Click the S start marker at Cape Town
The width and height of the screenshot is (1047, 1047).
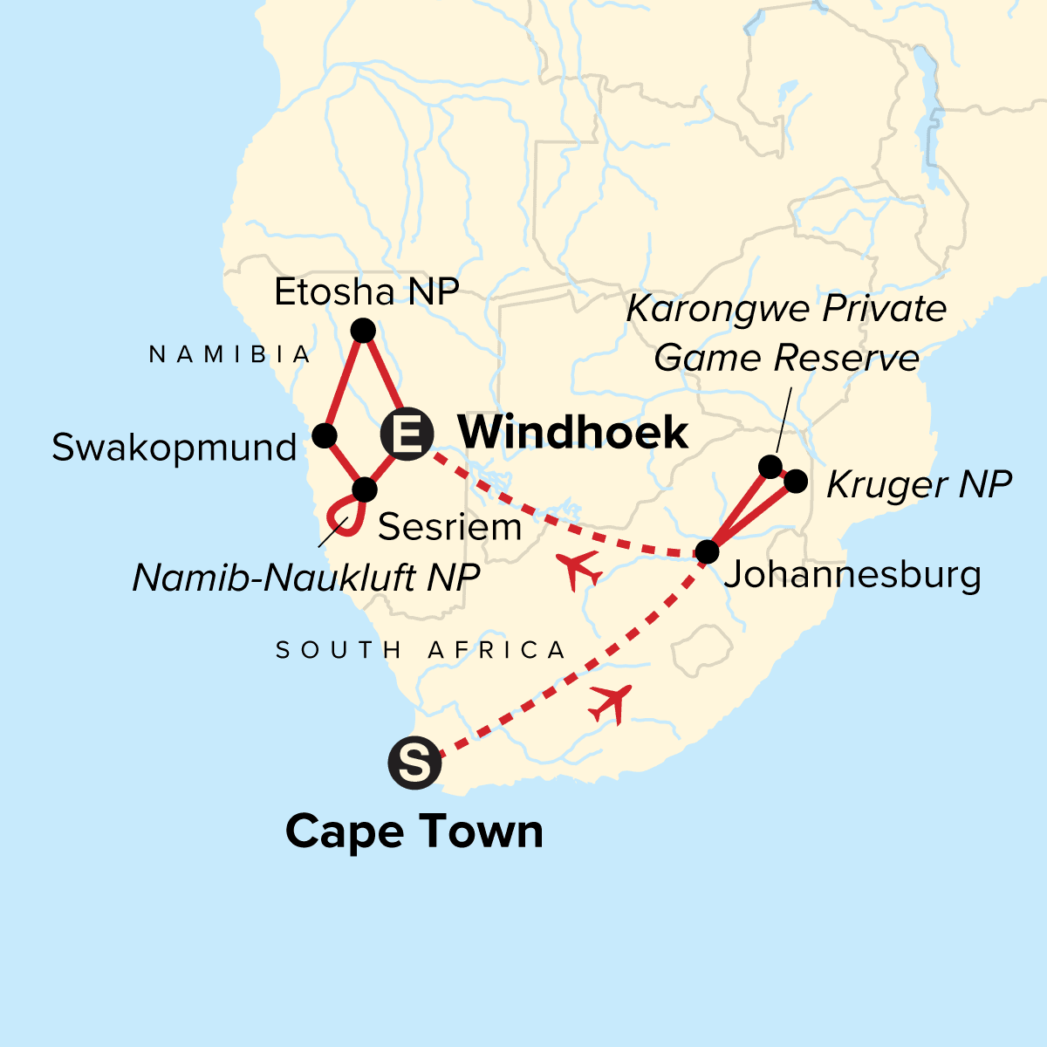coord(414,763)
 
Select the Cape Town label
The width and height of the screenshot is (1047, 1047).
coord(414,831)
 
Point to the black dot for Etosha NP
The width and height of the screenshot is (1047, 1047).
coord(362,331)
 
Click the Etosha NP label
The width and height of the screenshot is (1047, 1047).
coord(366,292)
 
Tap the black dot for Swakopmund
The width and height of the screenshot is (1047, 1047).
coord(325,435)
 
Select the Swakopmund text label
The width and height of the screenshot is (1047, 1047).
coord(174,448)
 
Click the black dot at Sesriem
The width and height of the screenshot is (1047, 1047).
coord(364,489)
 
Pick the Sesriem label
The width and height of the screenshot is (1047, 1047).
coord(449,527)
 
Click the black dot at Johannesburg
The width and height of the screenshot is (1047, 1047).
coord(707,552)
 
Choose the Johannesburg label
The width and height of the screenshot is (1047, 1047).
coord(852,575)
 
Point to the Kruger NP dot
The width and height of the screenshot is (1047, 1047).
coord(796,481)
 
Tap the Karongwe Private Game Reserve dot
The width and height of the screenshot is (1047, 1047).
coord(770,467)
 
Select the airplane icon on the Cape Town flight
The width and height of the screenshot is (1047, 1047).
coord(611,702)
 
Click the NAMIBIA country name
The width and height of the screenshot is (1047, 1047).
coord(230,354)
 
